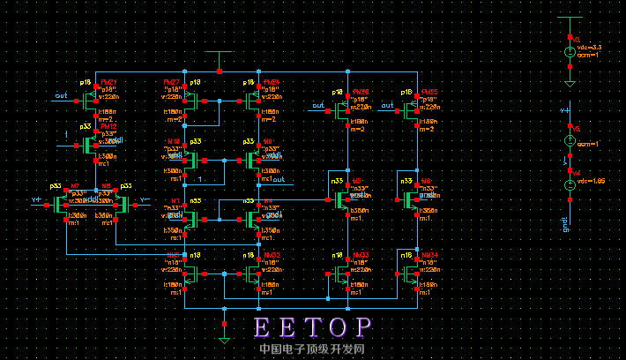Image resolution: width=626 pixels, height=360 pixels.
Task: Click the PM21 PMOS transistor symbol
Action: coord(92,101)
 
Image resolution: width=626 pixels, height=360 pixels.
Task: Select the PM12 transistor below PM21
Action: coord(92,145)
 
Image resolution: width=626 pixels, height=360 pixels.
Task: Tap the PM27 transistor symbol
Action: coord(190,101)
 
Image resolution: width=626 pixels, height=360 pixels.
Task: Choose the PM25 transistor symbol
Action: coord(413,108)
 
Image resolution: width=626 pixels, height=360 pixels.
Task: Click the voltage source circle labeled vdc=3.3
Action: coord(570,53)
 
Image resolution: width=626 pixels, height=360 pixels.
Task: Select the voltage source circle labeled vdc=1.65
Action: coord(570,185)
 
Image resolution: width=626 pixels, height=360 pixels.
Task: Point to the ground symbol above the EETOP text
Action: coord(225,337)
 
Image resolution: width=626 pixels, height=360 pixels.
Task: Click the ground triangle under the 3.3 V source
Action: coord(570,84)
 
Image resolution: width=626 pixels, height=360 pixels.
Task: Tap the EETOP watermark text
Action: coord(313,327)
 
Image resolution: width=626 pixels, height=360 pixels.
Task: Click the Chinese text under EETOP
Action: coord(312,349)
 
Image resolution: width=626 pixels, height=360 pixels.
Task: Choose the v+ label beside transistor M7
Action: coord(36,201)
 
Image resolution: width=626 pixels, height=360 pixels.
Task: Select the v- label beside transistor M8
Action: coord(145,201)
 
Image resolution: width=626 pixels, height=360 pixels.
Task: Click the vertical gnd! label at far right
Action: coord(564,226)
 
